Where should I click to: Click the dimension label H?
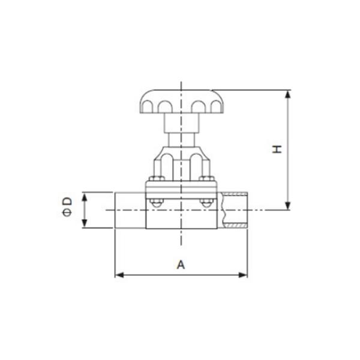coord(277,148)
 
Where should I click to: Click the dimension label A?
coord(181,264)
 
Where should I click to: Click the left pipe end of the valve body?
coord(130,210)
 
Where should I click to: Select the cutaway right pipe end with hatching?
coord(233,210)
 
